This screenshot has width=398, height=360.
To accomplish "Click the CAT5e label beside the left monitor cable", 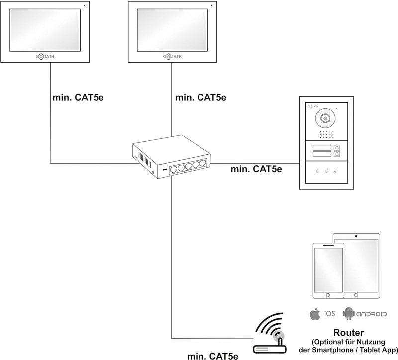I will pyautogui.click(x=78, y=97).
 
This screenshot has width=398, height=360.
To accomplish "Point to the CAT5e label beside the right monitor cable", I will pyautogui.click(x=201, y=97).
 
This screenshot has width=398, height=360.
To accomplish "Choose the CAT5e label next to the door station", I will pyautogui.click(x=256, y=169).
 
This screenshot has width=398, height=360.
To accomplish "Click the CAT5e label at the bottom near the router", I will pyautogui.click(x=212, y=355).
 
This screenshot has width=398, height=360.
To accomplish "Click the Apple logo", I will pyautogui.click(x=314, y=313).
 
